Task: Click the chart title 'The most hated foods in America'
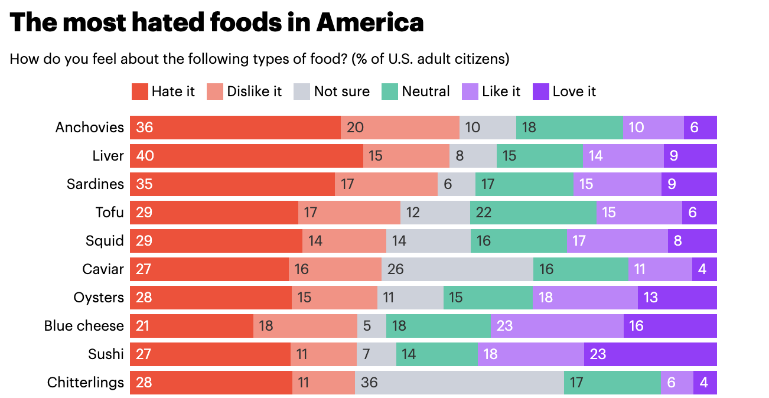point(217,22)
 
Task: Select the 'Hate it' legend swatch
point(139,92)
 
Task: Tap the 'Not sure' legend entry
point(331,92)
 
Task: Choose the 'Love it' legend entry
point(564,92)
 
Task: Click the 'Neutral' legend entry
point(416,92)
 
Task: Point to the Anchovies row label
point(90,128)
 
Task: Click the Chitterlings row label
point(86,383)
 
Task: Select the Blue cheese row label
point(84,326)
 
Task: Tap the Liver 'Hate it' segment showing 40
point(246,156)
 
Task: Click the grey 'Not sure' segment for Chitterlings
point(459,383)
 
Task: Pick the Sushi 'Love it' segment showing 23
point(650,354)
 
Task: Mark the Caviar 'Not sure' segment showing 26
point(457,269)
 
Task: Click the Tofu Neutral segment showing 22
point(533,213)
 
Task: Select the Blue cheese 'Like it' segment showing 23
point(557,326)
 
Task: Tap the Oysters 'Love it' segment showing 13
point(677,298)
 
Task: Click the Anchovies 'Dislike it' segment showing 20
point(400,128)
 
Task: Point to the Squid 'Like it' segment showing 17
point(617,241)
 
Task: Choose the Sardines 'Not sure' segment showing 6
point(456,184)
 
